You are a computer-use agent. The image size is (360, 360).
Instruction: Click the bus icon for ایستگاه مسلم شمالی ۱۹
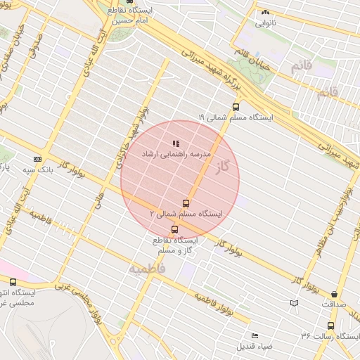pos(235,108)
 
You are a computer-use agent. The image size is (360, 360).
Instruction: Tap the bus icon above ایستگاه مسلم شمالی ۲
pos(186,203)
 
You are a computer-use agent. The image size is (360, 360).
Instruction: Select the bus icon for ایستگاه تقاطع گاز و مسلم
pos(174,229)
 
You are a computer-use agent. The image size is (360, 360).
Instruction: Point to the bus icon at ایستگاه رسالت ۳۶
pos(330,326)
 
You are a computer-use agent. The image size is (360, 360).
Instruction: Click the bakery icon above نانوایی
pos(265,13)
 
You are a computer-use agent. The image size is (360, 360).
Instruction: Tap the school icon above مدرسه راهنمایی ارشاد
pos(175,143)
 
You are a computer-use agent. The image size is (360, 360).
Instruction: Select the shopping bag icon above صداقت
pos(333,294)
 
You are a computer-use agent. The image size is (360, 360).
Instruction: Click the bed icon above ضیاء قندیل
pos(255,335)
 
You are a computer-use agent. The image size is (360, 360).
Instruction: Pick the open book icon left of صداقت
pos(294,303)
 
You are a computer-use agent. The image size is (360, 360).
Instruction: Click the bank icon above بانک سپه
pos(37,160)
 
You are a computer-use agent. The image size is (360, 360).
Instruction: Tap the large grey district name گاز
pos(224,167)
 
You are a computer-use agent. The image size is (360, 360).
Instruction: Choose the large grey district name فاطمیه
pos(146,268)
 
